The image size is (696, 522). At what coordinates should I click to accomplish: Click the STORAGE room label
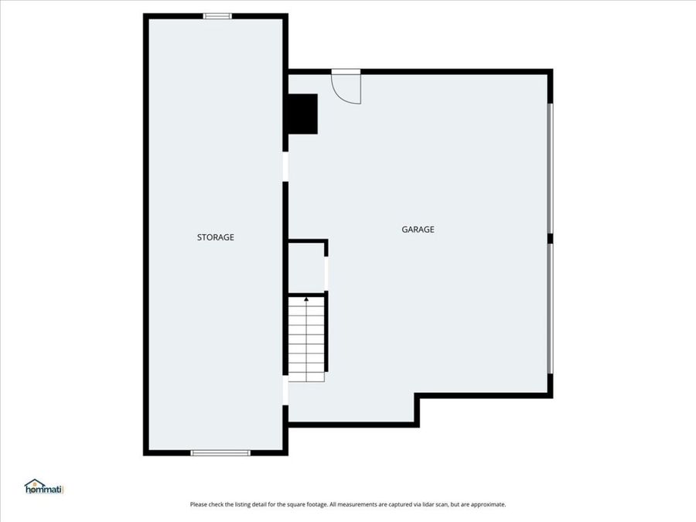[x=215, y=237]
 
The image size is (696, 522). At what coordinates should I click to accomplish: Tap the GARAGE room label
[x=418, y=229]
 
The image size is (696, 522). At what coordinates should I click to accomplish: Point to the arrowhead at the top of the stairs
[x=306, y=298]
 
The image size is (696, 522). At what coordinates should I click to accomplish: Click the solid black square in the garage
[x=302, y=113]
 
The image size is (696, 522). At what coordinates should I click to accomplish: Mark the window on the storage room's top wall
[x=217, y=15]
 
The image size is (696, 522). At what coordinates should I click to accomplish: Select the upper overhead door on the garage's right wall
[x=550, y=168]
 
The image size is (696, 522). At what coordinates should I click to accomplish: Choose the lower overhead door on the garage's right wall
[x=550, y=308]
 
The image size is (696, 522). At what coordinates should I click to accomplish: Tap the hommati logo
[x=43, y=486]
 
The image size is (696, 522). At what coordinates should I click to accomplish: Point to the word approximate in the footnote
[x=488, y=504]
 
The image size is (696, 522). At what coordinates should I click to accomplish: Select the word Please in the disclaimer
[x=198, y=504]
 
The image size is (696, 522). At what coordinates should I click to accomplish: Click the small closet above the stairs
[x=305, y=267]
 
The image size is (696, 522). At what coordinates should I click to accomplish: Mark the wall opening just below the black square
[x=285, y=166]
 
